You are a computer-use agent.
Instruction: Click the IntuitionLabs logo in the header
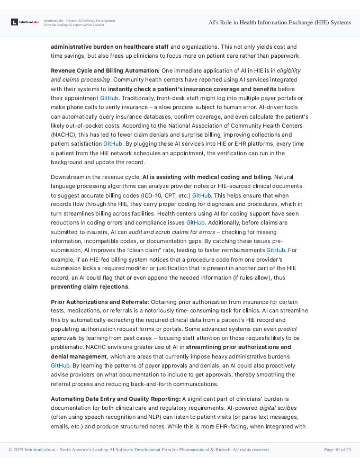point(25,22)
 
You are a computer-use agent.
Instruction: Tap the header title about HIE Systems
point(280,22)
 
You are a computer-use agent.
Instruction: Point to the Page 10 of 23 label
point(337,450)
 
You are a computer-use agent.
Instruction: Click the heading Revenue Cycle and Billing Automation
point(105,70)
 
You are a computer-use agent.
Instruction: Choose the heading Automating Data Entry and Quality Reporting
point(115,398)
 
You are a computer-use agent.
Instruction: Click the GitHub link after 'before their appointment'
point(110,98)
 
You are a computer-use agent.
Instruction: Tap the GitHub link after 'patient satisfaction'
point(113,144)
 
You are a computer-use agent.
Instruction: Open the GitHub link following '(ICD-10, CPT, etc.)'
point(202,195)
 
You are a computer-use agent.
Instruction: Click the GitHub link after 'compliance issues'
point(195,223)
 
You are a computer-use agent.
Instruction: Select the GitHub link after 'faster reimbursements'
point(275,250)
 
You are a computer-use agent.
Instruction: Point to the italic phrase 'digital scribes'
point(277,408)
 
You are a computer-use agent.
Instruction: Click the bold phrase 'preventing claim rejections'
point(89,286)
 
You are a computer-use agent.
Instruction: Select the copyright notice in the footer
point(139,450)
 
